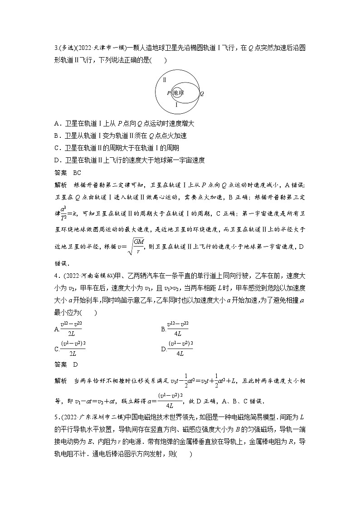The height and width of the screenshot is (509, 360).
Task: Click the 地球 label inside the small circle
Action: tap(178, 93)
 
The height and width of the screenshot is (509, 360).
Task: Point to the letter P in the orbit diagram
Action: tap(169, 93)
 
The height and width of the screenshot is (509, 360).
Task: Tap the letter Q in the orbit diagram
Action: tap(202, 93)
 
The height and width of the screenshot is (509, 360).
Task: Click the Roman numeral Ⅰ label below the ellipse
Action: tap(176, 104)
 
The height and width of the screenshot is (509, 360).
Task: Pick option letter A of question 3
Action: tap(56, 123)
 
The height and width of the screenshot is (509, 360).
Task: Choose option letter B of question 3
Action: tap(56, 136)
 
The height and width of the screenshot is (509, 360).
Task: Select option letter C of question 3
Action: tap(56, 148)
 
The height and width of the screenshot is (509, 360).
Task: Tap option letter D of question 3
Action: tap(56, 160)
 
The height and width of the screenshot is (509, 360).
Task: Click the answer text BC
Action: tap(77, 172)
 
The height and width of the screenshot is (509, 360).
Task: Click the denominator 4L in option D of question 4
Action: tap(180, 352)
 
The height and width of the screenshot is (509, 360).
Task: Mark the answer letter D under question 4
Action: tap(75, 364)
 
